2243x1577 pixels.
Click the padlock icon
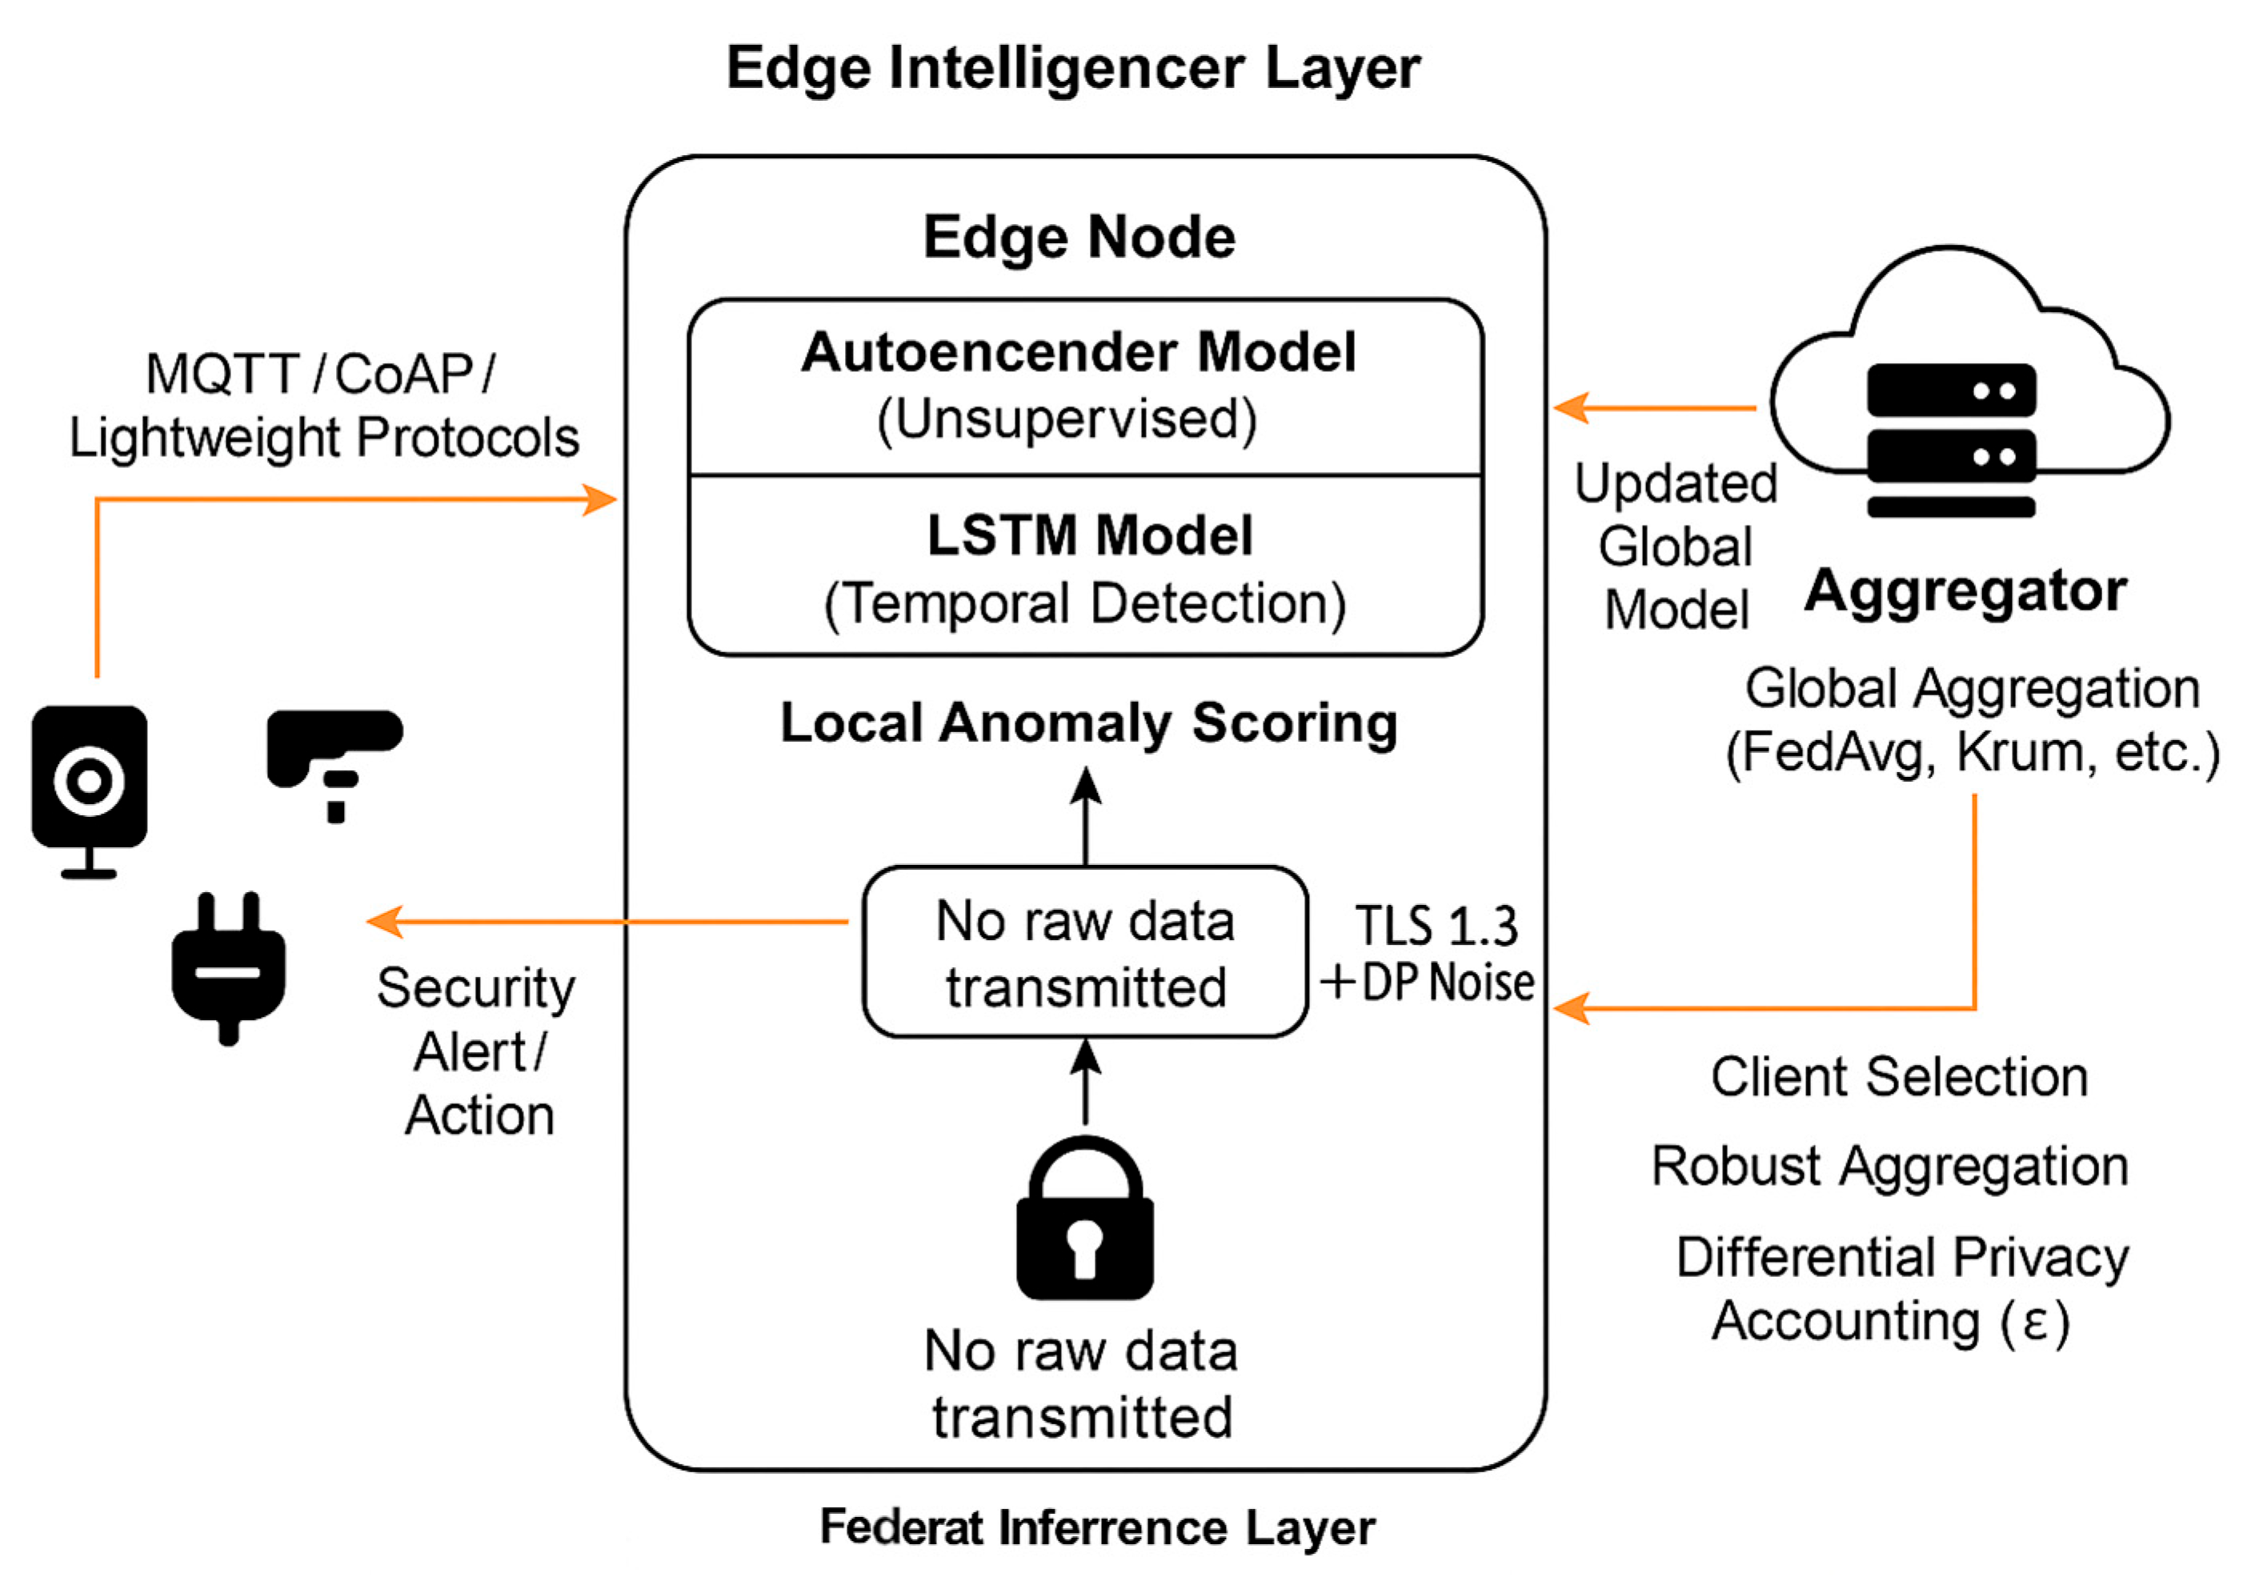[1084, 1220]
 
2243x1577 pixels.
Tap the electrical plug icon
[229, 968]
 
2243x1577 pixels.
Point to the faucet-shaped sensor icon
[332, 757]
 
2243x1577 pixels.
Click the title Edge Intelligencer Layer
[1072, 68]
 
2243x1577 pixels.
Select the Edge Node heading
[1079, 238]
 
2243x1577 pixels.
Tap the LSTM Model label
[1089, 535]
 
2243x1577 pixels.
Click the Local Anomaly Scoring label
[1088, 723]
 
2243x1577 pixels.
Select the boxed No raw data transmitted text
[1084, 953]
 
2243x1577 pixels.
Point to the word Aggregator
[1965, 590]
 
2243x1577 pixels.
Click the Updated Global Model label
[1676, 547]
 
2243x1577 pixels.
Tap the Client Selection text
[1899, 1077]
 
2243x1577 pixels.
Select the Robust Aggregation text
[1889, 1166]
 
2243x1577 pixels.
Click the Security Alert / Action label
[478, 1051]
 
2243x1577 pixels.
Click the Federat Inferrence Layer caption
[1096, 1527]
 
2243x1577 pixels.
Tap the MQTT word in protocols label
[222, 374]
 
